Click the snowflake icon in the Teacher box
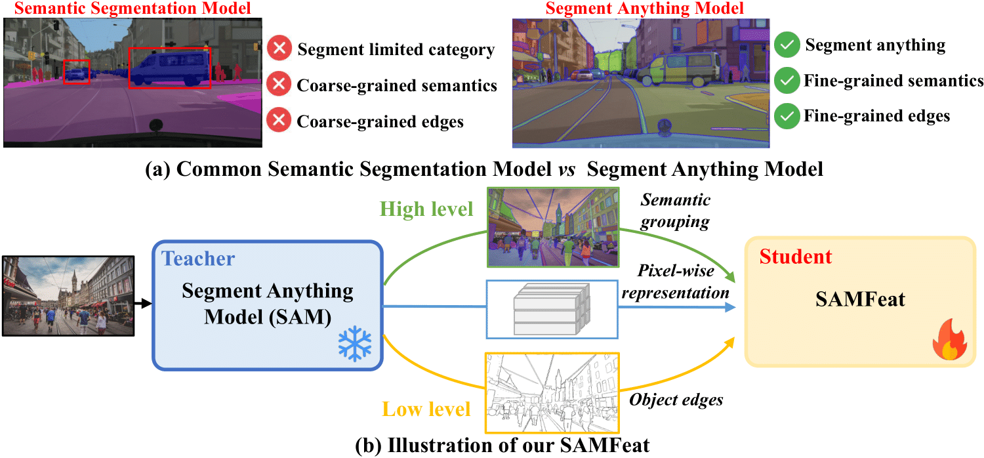355,344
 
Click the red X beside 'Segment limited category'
279,49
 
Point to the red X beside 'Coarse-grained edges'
279,121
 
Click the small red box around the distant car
76,72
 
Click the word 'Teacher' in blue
198,259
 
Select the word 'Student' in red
796,257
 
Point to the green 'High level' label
426,209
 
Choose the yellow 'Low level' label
426,409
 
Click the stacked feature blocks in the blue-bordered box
551,310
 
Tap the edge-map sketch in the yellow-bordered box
551,392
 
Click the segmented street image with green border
553,227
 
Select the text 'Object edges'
676,399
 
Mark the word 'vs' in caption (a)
566,169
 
